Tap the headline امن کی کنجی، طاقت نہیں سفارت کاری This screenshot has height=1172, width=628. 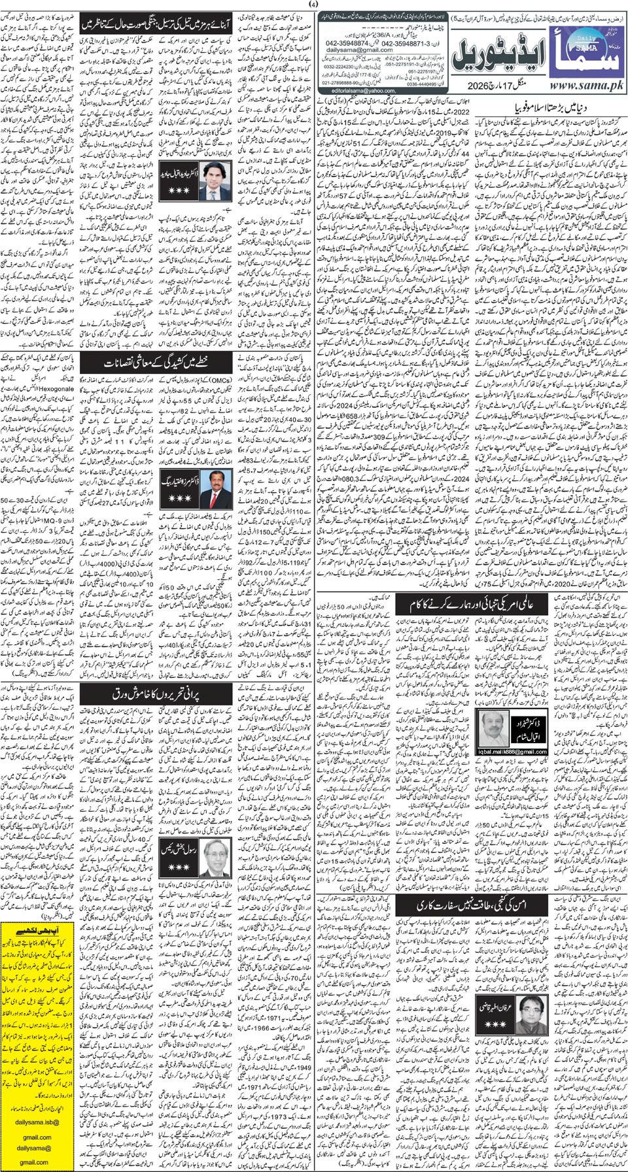coord(471,905)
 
